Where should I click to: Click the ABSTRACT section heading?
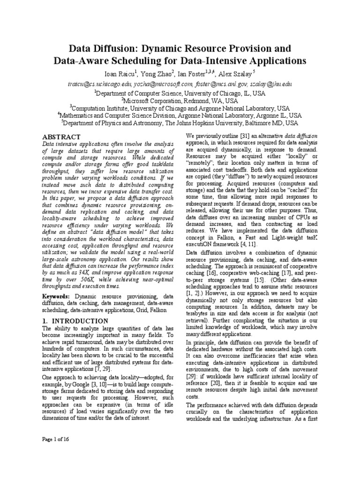coord(61,136)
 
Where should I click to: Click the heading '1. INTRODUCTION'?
coord(75,321)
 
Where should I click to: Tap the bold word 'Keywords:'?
coord(57,297)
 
